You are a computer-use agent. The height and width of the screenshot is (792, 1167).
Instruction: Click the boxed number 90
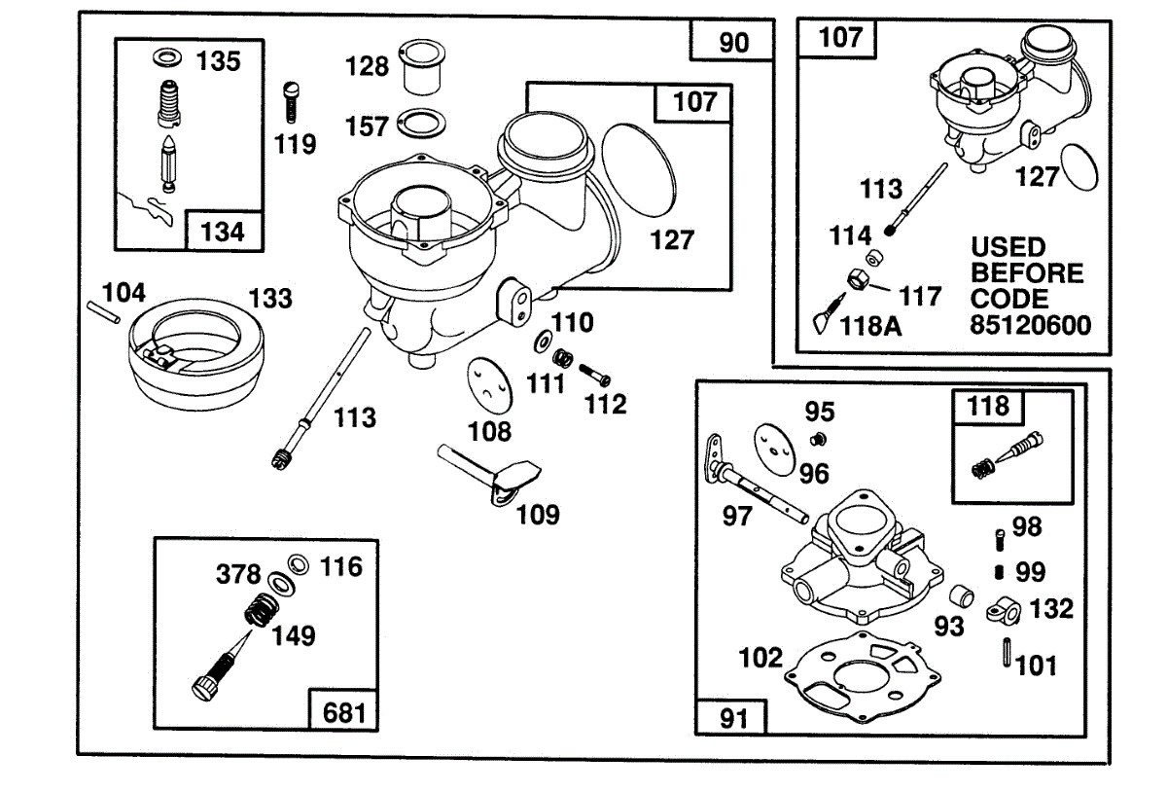(734, 43)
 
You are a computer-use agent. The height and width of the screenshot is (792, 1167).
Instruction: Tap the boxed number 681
(343, 712)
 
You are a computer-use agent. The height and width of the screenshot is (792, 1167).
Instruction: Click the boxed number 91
(731, 720)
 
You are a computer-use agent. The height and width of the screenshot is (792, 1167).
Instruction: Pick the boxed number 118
(988, 406)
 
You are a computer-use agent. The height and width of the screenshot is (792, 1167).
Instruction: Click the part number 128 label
(367, 67)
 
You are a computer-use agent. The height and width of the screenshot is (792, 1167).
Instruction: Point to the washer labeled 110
(540, 342)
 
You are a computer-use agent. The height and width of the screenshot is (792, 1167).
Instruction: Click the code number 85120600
(1031, 324)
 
